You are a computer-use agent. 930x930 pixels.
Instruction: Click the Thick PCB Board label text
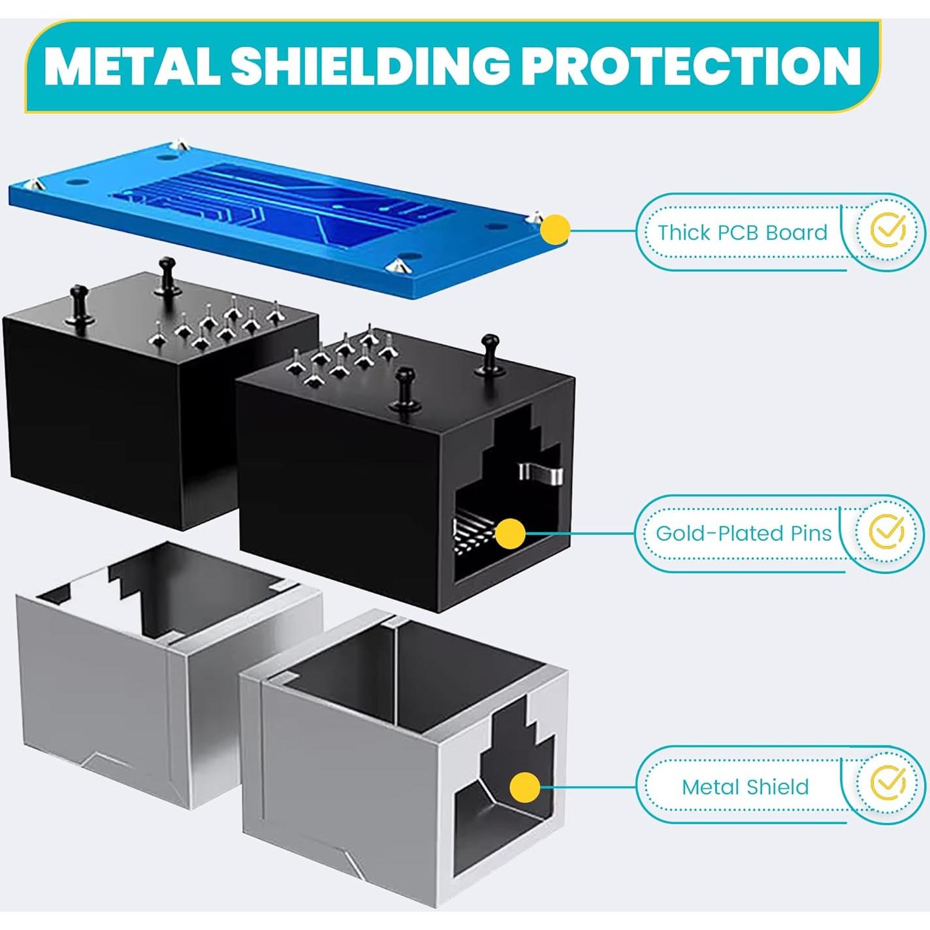coord(743,232)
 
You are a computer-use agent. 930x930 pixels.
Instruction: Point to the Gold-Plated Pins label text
coord(743,534)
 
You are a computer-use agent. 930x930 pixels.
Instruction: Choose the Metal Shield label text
coord(745,787)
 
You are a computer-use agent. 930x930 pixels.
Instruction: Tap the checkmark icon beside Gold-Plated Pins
coord(886,532)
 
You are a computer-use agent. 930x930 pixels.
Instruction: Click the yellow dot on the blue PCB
coord(555,229)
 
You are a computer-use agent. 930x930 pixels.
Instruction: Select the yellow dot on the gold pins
coord(510,534)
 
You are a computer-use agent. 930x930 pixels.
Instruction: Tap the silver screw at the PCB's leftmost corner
coord(33,184)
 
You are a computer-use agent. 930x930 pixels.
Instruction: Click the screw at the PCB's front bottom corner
coord(396,264)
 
